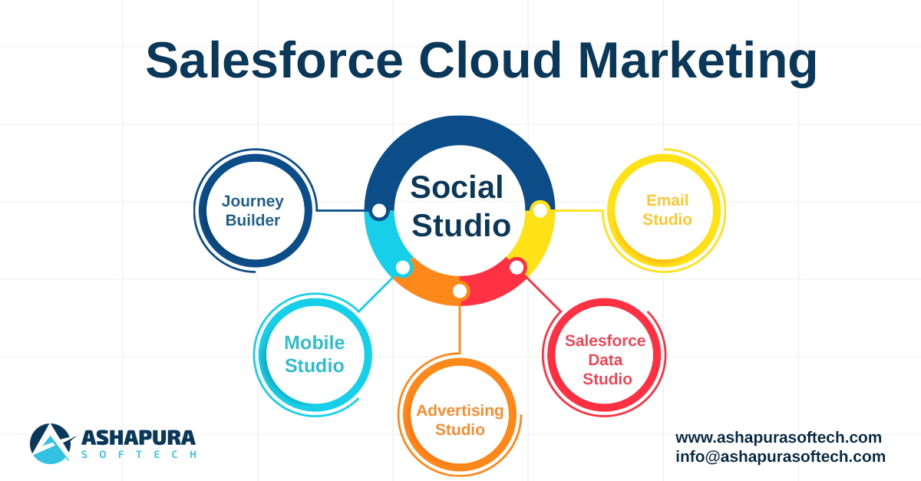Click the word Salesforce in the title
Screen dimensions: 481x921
coord(274,61)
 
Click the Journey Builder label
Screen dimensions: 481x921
coord(253,210)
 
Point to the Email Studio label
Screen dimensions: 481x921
coord(667,209)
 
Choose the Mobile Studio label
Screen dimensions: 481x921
coord(314,354)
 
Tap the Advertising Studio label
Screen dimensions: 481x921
coord(460,420)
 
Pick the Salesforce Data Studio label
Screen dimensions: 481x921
coord(606,359)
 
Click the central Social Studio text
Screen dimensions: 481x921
coord(459,206)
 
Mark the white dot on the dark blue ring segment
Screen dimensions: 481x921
coord(379,210)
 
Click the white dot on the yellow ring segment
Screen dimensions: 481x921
coord(540,210)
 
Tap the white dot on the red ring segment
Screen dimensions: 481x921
coord(517,267)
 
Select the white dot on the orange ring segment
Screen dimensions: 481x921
coord(460,291)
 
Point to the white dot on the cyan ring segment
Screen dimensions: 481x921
coord(403,267)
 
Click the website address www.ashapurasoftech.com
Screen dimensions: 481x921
coord(778,437)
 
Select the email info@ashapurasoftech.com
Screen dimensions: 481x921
coord(780,456)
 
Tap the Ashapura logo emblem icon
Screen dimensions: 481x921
coord(51,443)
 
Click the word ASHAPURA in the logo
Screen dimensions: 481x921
coord(138,438)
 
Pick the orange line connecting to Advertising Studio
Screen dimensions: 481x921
coord(460,326)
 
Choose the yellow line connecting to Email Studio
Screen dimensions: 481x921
coord(577,210)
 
